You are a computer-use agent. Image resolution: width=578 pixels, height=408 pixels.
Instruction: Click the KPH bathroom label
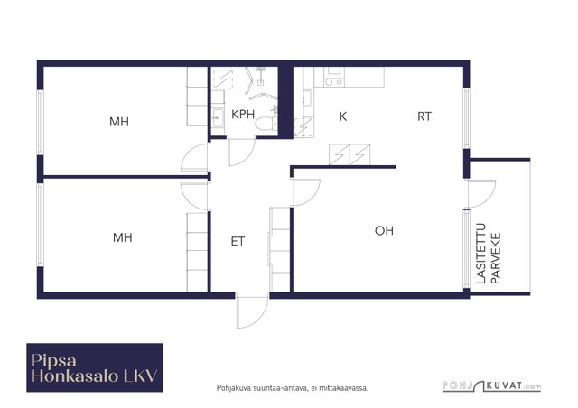click(243, 115)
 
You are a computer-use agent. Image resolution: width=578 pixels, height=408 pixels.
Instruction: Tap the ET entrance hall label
click(238, 241)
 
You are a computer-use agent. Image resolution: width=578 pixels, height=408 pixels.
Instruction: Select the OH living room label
click(384, 231)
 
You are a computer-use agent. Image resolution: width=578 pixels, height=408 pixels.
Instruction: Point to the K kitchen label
click(343, 116)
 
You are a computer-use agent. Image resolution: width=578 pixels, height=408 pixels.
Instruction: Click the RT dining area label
click(424, 116)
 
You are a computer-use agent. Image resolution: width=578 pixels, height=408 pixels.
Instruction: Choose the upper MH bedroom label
click(119, 122)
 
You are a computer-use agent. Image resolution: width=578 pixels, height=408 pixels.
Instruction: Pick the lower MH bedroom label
click(123, 237)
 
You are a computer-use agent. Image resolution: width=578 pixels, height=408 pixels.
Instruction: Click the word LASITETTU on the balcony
click(481, 254)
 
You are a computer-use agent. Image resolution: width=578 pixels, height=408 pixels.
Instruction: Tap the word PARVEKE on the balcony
click(496, 258)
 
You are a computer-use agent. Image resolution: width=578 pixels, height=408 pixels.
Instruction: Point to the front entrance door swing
click(252, 312)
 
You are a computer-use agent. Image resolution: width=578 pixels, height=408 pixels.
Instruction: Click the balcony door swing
click(482, 194)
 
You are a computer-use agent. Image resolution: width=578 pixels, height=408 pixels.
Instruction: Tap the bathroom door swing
click(242, 152)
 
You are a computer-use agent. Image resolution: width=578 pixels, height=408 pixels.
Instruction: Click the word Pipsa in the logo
click(54, 360)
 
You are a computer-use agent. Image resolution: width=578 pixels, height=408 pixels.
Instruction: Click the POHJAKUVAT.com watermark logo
click(491, 386)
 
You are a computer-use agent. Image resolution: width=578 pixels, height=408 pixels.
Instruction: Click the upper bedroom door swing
click(195, 157)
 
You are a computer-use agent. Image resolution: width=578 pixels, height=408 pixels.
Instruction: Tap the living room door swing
click(306, 192)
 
